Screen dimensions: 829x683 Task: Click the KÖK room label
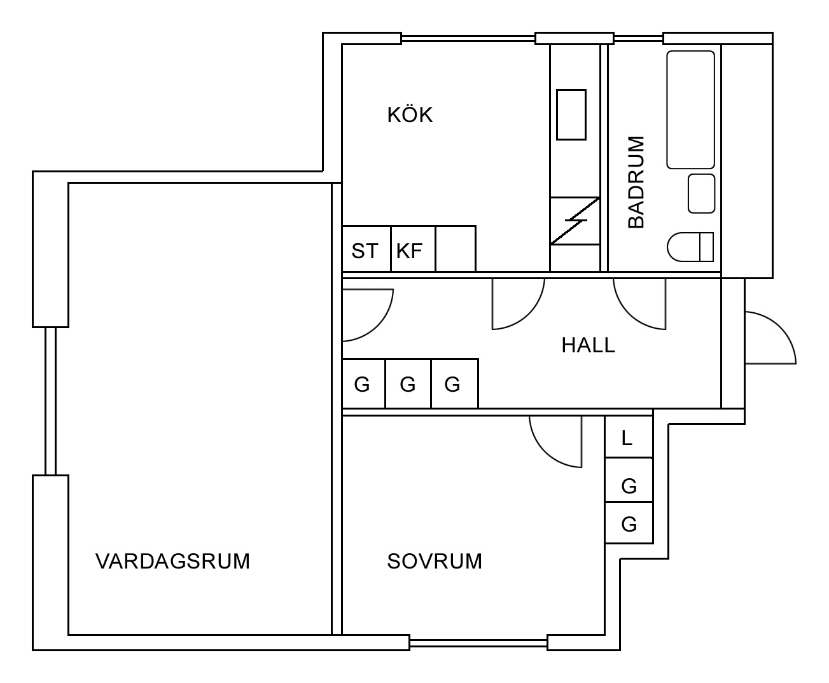pos(410,114)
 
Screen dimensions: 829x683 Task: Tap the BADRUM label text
pos(636,182)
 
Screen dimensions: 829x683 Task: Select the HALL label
pos(588,345)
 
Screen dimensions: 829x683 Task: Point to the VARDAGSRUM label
pos(172,561)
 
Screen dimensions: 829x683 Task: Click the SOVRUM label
pos(435,561)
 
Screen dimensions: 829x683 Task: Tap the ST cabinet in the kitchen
pos(366,249)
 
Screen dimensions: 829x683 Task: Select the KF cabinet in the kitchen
pos(414,249)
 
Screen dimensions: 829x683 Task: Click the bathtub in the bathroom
pos(690,109)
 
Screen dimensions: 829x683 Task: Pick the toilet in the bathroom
pos(690,247)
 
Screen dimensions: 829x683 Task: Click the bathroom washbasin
pos(701,193)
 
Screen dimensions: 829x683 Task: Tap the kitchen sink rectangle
pos(571,114)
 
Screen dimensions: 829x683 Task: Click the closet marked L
pos(629,436)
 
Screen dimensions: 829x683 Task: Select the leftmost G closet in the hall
pos(364,383)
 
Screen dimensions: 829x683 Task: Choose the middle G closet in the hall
pos(408,383)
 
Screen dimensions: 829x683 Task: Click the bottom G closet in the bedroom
pos(629,523)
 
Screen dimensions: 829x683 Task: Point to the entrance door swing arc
pos(781,327)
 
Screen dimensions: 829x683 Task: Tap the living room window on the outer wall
pos(50,401)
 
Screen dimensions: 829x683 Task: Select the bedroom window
pos(478,643)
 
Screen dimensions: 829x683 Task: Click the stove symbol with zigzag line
pos(575,221)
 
